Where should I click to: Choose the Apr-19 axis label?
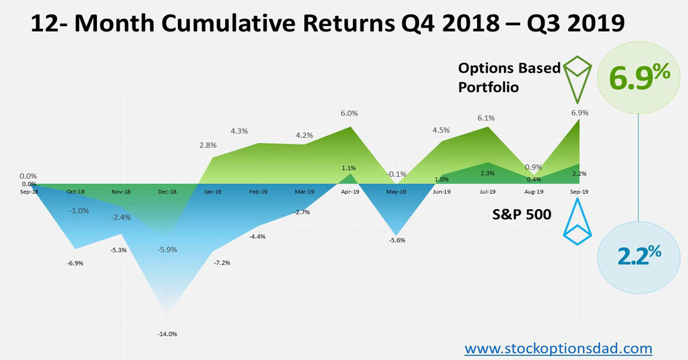tap(350, 192)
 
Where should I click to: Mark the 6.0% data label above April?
tap(349, 114)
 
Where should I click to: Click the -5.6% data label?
tap(396, 240)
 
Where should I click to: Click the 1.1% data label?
tap(349, 168)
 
